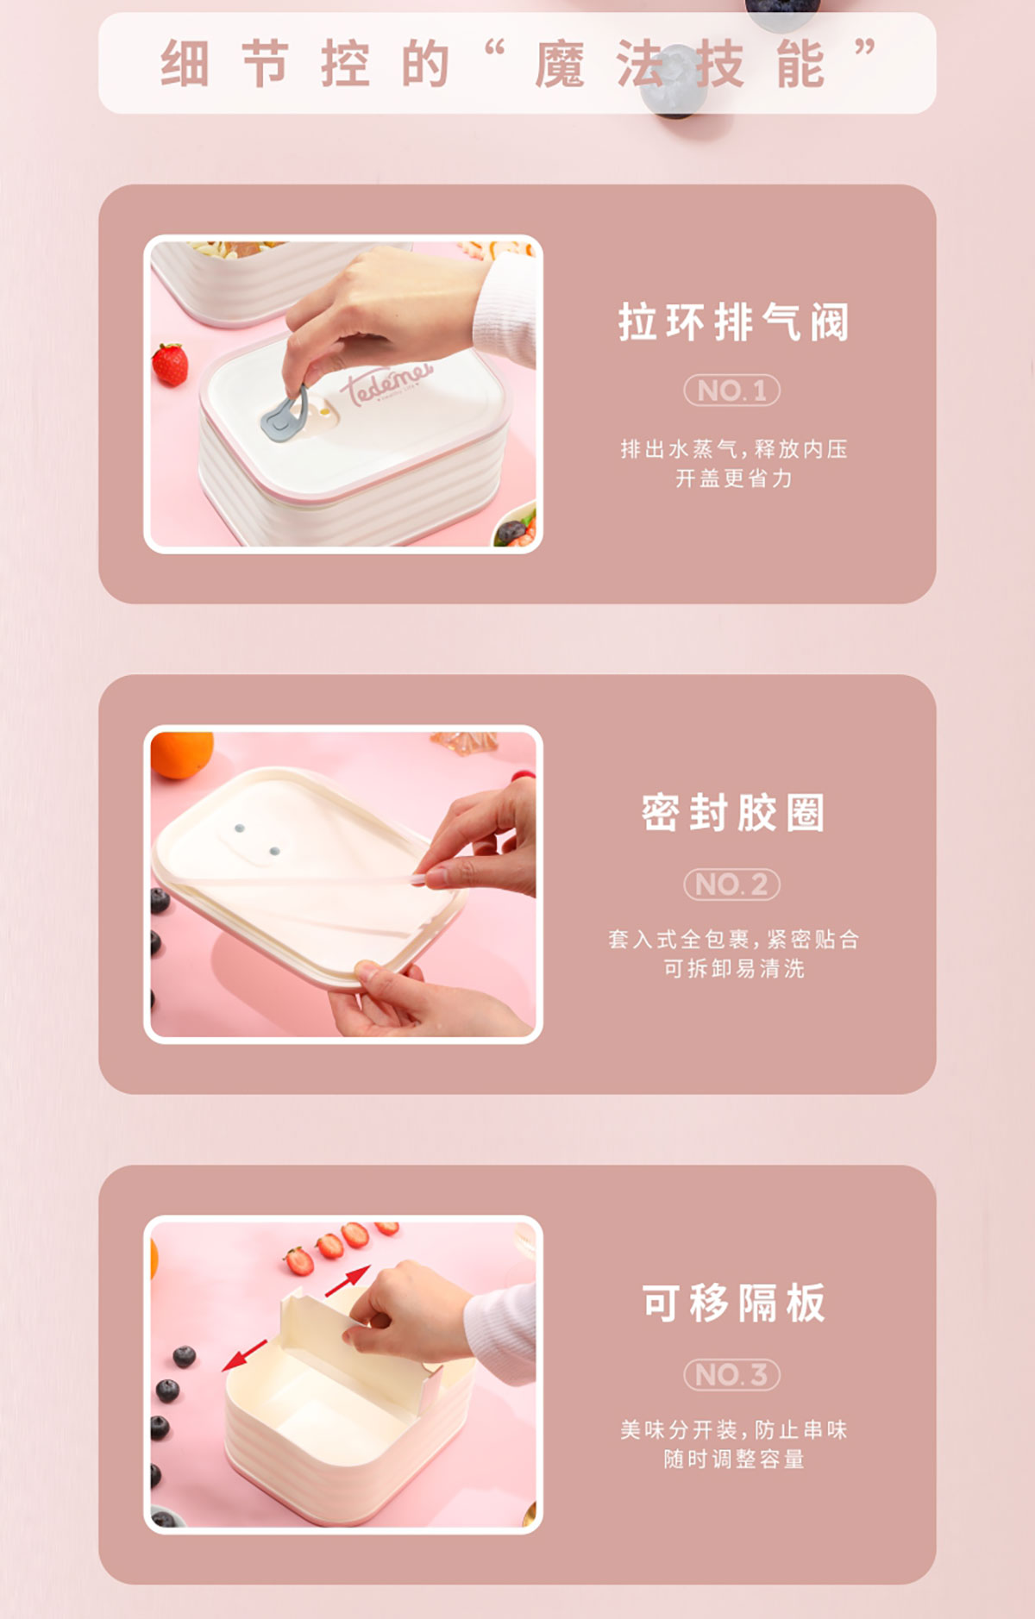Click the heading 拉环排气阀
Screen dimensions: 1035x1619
(x=733, y=322)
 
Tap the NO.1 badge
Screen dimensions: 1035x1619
(x=732, y=391)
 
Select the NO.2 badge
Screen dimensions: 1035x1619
(x=732, y=885)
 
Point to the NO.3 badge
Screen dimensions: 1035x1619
(x=732, y=1374)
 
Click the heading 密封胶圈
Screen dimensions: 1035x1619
(x=733, y=813)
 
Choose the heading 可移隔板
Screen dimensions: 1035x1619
(x=733, y=1303)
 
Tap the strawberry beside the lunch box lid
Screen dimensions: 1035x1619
(x=170, y=364)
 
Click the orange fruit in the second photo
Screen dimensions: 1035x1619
(x=181, y=753)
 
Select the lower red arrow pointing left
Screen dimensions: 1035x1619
(x=244, y=1354)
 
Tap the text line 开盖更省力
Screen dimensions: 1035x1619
(x=733, y=478)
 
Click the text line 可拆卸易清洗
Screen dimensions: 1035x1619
(x=733, y=968)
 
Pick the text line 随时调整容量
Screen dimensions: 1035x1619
(x=733, y=1459)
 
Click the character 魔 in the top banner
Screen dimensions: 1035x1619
(x=559, y=65)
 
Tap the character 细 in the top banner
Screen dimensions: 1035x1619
(x=184, y=65)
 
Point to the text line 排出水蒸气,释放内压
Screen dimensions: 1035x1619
(x=733, y=449)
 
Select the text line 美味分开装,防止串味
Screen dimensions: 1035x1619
(x=733, y=1429)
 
